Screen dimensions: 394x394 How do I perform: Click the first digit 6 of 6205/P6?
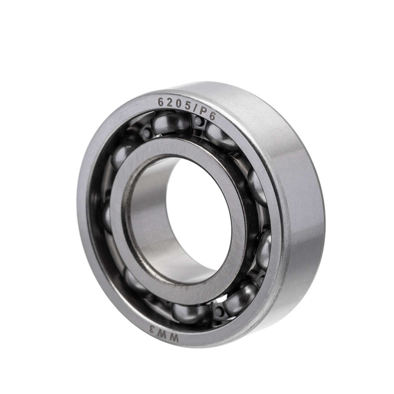click(160, 102)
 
